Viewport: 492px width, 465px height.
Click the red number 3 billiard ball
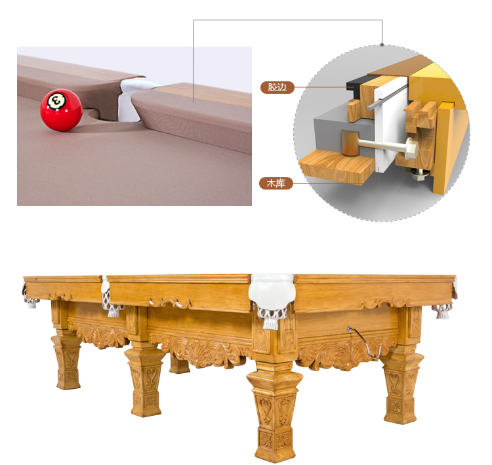pyautogui.click(x=61, y=110)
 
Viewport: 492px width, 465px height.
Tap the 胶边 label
pyautogui.click(x=277, y=87)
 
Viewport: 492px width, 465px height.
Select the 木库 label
pyautogui.click(x=276, y=183)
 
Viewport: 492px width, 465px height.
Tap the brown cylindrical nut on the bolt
pyautogui.click(x=350, y=143)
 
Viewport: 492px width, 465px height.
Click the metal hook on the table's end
pyautogui.click(x=365, y=342)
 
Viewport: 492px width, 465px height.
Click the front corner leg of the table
pyautogui.click(x=274, y=411)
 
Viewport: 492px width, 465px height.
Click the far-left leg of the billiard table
pyautogui.click(x=67, y=361)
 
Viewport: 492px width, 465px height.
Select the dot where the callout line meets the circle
pyautogui.click(x=382, y=45)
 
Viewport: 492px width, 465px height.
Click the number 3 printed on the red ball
pyautogui.click(x=56, y=101)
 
